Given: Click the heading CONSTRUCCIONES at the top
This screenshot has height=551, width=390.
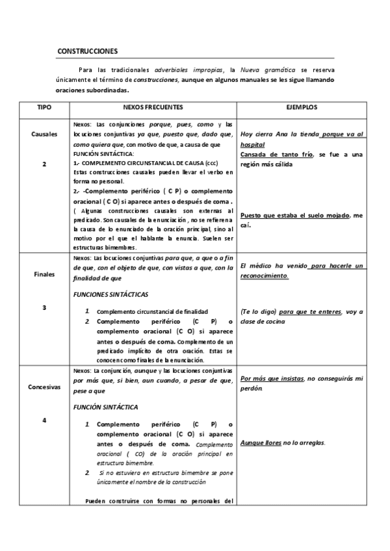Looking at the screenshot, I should coord(88,51).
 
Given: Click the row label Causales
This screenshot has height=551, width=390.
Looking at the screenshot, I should coord(44,134).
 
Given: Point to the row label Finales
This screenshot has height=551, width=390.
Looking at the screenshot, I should coord(44,274).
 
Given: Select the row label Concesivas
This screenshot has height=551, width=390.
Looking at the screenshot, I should coord(44,386).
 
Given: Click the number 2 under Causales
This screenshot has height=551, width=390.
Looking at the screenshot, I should coord(44,164).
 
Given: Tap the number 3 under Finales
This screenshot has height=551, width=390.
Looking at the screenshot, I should coord(44,307).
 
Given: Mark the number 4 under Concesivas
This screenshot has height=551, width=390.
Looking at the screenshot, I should coord(44,420).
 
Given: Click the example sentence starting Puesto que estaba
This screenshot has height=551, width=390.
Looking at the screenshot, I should coord(302,220).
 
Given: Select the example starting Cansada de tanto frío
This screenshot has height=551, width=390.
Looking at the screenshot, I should coord(302,159).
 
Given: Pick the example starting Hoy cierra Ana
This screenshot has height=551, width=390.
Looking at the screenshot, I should coord(302,139).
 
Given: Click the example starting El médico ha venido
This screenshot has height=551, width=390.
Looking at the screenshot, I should coord(302,270).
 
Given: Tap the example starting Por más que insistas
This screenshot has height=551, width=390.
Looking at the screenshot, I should coord(302,383).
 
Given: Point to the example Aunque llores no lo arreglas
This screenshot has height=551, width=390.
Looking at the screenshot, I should coord(283,442).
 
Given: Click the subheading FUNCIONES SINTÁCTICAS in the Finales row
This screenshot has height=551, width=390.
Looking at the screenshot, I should coord(111,294).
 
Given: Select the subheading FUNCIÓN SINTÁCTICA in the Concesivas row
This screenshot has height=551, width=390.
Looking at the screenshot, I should coord(106,406).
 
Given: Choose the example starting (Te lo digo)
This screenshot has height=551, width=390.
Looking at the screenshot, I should coord(302,316).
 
